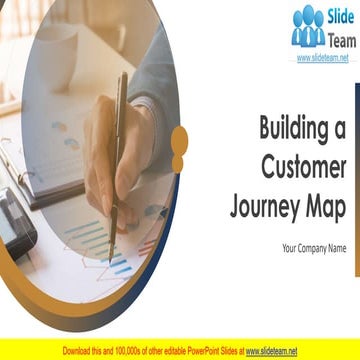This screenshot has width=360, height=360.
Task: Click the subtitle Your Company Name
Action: (x=314, y=248)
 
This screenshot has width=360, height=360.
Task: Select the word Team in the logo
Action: (x=340, y=38)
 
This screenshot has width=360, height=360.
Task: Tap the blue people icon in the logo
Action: (x=309, y=27)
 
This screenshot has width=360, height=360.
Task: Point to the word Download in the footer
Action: (x=80, y=351)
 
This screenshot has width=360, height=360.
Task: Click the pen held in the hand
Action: (x=118, y=150)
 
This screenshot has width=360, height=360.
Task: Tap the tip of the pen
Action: (x=112, y=233)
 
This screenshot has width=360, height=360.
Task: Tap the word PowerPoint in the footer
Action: (x=196, y=351)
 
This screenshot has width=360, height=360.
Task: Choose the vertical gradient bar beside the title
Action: (x=357, y=150)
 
